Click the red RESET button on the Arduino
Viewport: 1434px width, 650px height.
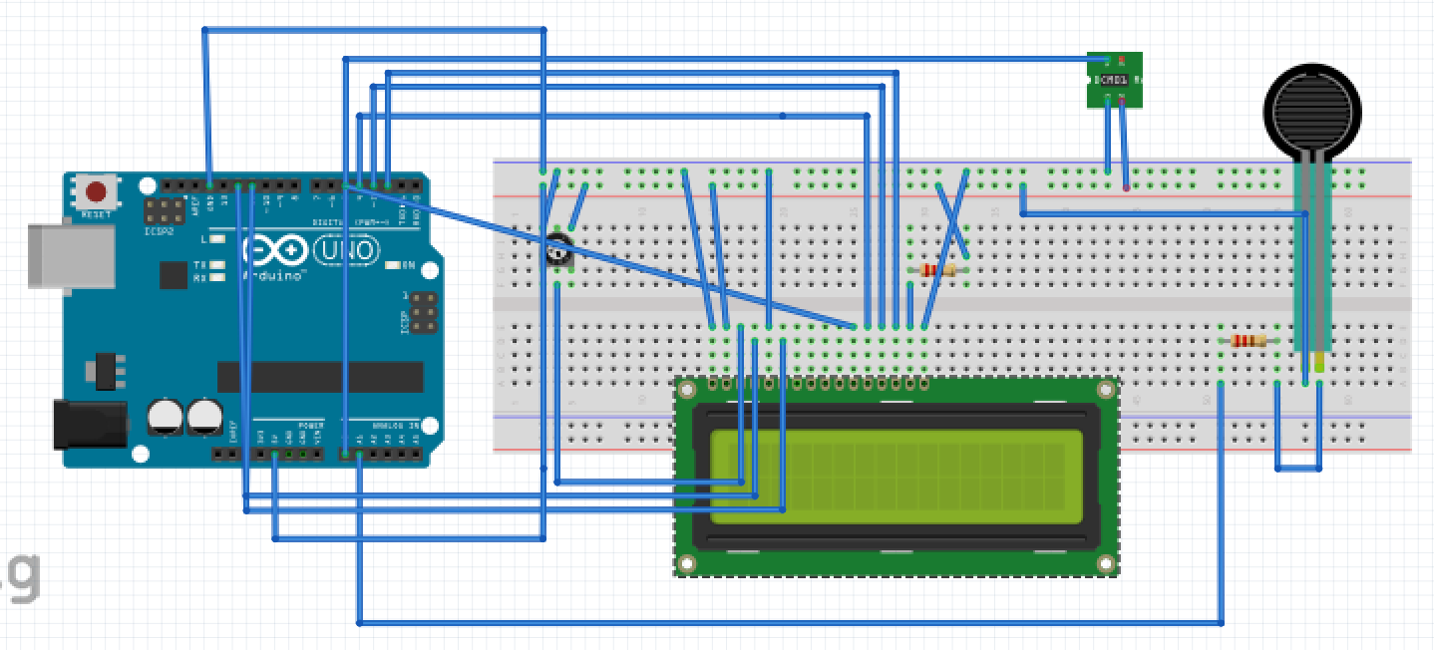[x=97, y=191]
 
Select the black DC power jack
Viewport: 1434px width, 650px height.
[x=89, y=423]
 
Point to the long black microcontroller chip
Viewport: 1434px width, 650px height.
[x=320, y=376]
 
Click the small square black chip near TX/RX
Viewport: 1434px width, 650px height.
[x=173, y=275]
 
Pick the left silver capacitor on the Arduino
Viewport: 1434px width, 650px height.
[x=166, y=416]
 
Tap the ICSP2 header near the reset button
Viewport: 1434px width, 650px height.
[x=164, y=210]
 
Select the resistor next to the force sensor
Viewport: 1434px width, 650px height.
[x=1249, y=341]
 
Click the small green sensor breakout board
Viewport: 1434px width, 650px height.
[x=1114, y=80]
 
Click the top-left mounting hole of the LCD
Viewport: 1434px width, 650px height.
[x=686, y=388]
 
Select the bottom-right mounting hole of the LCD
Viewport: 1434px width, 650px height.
[x=1105, y=563]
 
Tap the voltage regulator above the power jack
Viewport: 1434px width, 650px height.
[x=105, y=370]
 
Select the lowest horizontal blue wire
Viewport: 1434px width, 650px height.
[x=788, y=623]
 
